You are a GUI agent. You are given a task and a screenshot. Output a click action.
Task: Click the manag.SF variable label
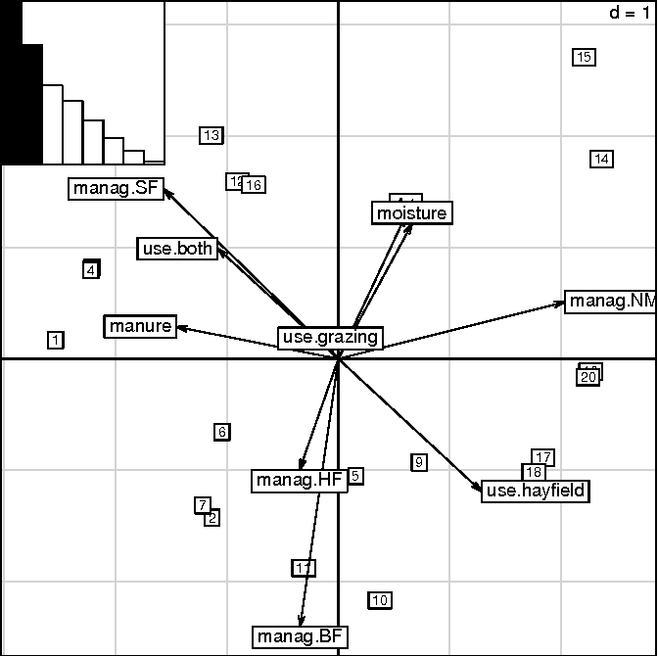pyautogui.click(x=117, y=189)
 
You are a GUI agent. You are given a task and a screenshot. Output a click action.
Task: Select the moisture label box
pyautogui.click(x=411, y=212)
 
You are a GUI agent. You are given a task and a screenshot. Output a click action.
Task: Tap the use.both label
pyautogui.click(x=177, y=249)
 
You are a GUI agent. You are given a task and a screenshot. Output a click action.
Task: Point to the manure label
pyautogui.click(x=140, y=326)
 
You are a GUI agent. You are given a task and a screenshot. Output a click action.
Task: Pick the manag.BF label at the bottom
pyautogui.click(x=301, y=637)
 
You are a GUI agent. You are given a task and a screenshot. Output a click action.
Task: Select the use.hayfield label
pyautogui.click(x=536, y=491)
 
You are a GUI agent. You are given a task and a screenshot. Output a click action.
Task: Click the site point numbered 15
pyautogui.click(x=584, y=57)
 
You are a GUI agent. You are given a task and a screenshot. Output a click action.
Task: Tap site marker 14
pyautogui.click(x=602, y=159)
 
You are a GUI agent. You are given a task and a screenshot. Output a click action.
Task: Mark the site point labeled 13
pyautogui.click(x=211, y=135)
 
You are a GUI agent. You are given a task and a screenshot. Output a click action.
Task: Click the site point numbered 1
pyautogui.click(x=56, y=340)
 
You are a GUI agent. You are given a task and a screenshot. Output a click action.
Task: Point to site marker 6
pyautogui.click(x=222, y=432)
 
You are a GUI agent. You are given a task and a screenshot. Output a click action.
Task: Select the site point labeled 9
pyautogui.click(x=419, y=462)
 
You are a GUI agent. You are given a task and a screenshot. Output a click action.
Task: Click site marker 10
pyautogui.click(x=380, y=600)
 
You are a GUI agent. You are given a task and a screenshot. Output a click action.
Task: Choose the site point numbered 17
pyautogui.click(x=543, y=457)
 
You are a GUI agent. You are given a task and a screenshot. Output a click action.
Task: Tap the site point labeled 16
pyautogui.click(x=254, y=185)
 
